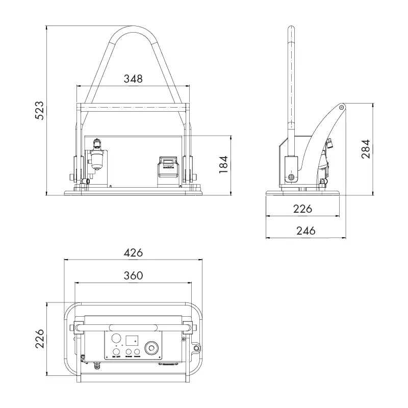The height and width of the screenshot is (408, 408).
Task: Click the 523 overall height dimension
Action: pos(39,110)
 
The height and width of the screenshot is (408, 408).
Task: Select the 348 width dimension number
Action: pos(133,79)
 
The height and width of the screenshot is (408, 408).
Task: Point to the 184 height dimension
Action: pos(223,164)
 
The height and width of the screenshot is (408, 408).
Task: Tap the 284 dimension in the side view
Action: pos(366,148)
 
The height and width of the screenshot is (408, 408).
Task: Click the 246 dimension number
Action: pos(305,231)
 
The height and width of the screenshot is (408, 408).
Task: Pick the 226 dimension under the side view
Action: pos(305,209)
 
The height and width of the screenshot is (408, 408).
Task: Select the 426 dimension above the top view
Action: pos(133,252)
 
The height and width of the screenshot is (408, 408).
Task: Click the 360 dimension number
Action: pos(133,275)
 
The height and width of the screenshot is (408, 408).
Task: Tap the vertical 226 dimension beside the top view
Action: pos(39,339)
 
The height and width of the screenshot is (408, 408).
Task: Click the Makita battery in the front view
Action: pos(167,168)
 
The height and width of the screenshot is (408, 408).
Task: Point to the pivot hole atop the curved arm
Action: pos(341,107)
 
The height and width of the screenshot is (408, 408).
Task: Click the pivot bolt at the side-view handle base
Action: pos(291,177)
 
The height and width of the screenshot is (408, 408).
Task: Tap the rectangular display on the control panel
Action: pos(133,339)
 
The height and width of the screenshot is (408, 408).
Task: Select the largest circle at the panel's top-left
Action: pos(116,338)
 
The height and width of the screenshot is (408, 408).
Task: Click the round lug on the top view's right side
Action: pos(196,348)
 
